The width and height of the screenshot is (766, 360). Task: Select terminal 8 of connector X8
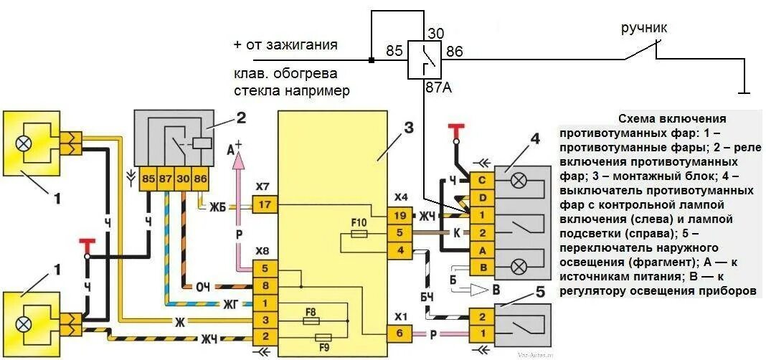[x=264, y=286]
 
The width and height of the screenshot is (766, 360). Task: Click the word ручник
[x=644, y=28]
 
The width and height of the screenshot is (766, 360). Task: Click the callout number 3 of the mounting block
[x=408, y=129]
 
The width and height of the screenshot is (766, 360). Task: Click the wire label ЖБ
[x=217, y=208]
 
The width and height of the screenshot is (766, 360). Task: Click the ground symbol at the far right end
[x=746, y=92]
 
